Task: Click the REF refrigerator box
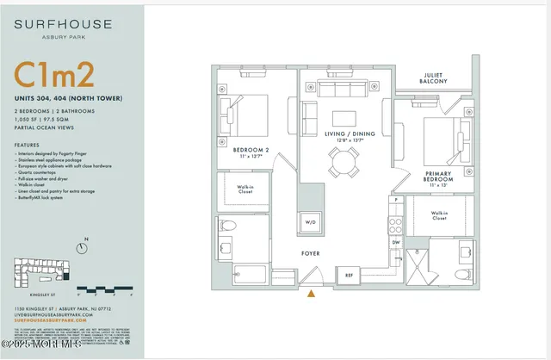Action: coord(349,275)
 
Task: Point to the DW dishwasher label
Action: coord(397,243)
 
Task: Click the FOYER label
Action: coord(311,254)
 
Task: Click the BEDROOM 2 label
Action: coord(252,152)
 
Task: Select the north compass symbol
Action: coord(82,248)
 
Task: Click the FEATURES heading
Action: coord(28,145)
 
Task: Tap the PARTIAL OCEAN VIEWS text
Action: coord(40,129)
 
